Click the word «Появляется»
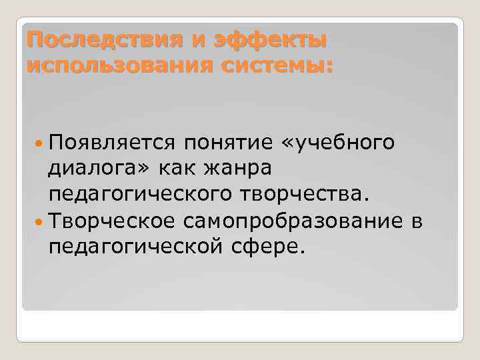point(111,143)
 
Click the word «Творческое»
point(111,221)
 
